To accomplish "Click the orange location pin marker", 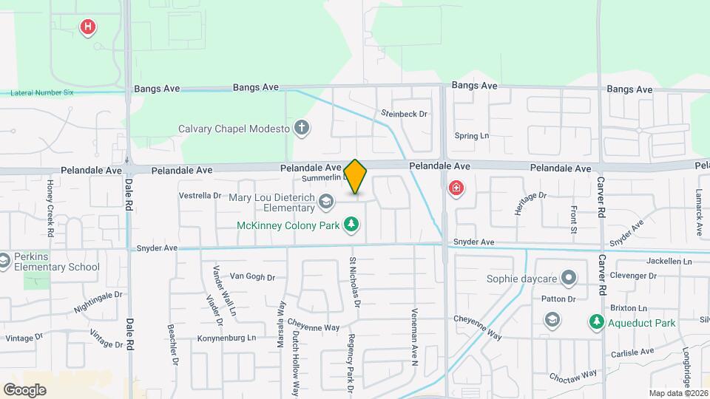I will click(x=356, y=177).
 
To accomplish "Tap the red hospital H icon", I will click(x=88, y=27).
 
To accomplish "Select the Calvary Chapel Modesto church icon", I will click(x=301, y=128).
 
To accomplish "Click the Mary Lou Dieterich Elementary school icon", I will click(x=325, y=200).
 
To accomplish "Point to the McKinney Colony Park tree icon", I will click(x=353, y=224).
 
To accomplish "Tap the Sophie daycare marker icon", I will click(x=568, y=279).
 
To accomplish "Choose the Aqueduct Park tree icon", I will click(x=596, y=322).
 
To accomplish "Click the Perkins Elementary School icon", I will click(x=4, y=260).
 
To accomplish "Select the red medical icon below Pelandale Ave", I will click(x=456, y=188).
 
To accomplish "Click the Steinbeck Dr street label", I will click(x=405, y=114).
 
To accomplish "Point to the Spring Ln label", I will click(x=472, y=136).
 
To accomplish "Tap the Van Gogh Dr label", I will click(x=252, y=277).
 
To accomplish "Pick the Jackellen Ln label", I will click(x=668, y=262).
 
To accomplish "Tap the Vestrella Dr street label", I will click(x=200, y=196).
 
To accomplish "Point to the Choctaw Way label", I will click(x=572, y=376).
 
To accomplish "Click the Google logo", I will click(x=24, y=389).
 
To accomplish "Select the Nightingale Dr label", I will click(x=98, y=301).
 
